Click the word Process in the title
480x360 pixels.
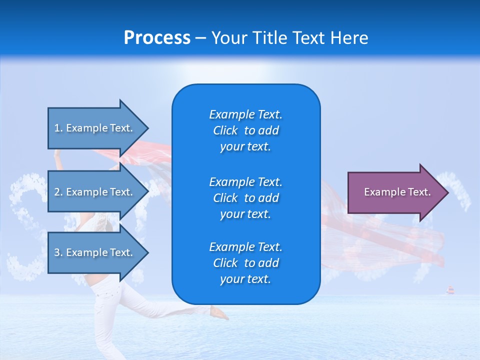point(157,38)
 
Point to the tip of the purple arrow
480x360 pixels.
point(447,192)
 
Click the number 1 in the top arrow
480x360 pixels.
point(57,128)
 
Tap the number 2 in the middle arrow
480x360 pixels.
point(57,192)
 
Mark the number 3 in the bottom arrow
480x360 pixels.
point(57,252)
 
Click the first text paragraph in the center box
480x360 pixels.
point(245,130)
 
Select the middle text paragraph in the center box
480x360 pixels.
point(245,198)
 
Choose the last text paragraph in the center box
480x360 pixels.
point(245,263)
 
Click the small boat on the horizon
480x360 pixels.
point(450,290)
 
